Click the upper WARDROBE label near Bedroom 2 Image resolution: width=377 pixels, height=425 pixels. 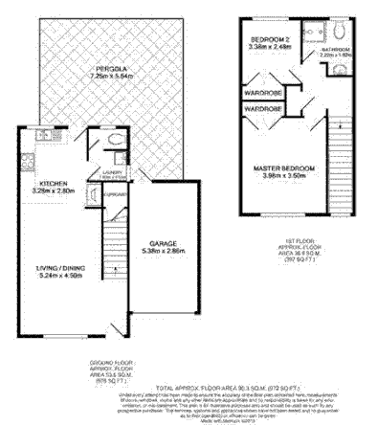(262, 93)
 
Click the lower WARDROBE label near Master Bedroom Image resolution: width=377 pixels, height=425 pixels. (262, 110)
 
